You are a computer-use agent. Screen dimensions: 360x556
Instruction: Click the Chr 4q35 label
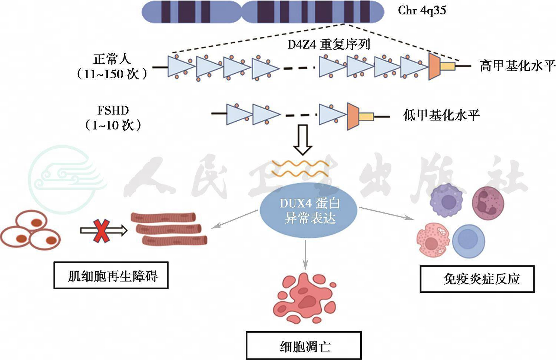tap(422, 10)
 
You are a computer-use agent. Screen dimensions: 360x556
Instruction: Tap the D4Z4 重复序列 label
tap(329, 45)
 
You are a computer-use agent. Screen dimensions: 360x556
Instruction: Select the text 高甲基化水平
tap(517, 66)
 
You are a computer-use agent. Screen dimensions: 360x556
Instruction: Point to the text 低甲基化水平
tap(441, 115)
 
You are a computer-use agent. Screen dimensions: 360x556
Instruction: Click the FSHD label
tap(113, 110)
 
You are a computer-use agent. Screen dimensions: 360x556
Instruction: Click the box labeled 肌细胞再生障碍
tap(111, 275)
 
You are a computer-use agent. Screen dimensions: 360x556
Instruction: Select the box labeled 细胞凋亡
tap(304, 346)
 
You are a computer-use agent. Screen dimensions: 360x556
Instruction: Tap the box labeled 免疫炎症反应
tap(477, 279)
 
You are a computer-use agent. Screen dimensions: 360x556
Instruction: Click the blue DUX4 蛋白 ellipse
tap(309, 211)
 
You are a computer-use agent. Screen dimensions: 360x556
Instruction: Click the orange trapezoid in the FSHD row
tap(353, 116)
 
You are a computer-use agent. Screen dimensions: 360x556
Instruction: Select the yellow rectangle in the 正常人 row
tap(447, 66)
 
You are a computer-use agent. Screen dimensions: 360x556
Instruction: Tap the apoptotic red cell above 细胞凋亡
tap(304, 299)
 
